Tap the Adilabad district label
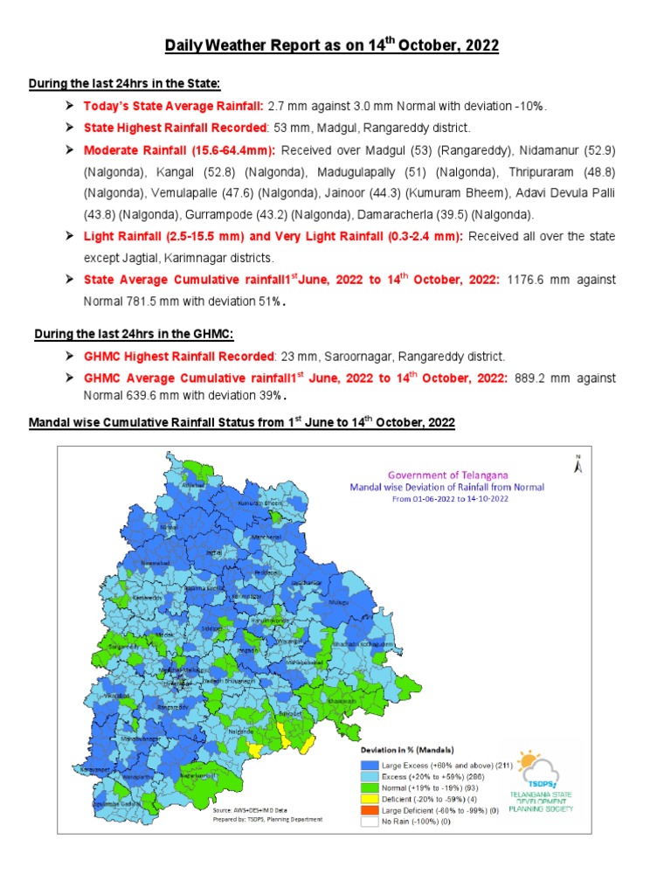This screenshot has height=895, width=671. coord(192,484)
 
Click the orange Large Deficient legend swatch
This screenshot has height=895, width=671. coord(369,810)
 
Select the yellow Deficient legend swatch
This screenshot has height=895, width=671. coord(369,800)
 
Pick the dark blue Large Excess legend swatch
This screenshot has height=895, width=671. coord(369,766)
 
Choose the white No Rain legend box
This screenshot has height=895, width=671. coord(369,822)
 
